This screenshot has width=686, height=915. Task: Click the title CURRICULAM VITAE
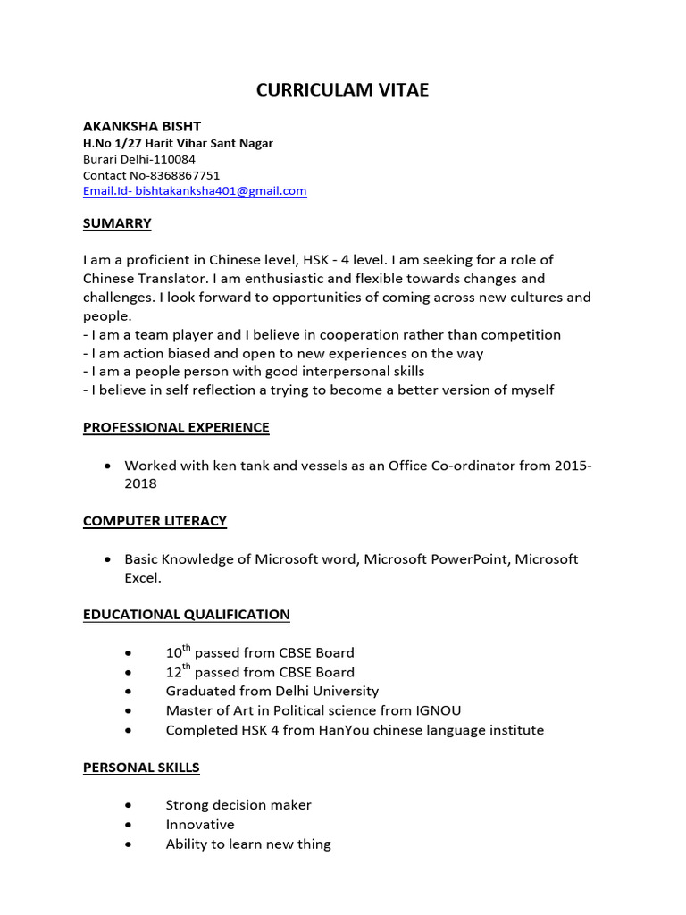[343, 89]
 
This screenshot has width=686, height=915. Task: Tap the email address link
[195, 191]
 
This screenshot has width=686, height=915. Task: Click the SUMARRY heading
[117, 223]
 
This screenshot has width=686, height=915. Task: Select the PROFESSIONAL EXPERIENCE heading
[176, 427]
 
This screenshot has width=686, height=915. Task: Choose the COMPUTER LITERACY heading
[155, 521]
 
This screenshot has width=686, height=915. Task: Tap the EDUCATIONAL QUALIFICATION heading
[186, 615]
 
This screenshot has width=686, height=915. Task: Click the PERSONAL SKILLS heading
[141, 768]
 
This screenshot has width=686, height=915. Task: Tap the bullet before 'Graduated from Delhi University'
[131, 692]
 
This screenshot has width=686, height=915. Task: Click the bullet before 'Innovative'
[131, 825]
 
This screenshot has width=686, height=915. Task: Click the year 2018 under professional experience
[140, 483]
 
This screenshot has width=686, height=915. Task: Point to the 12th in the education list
[178, 671]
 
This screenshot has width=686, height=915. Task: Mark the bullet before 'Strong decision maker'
[131, 805]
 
